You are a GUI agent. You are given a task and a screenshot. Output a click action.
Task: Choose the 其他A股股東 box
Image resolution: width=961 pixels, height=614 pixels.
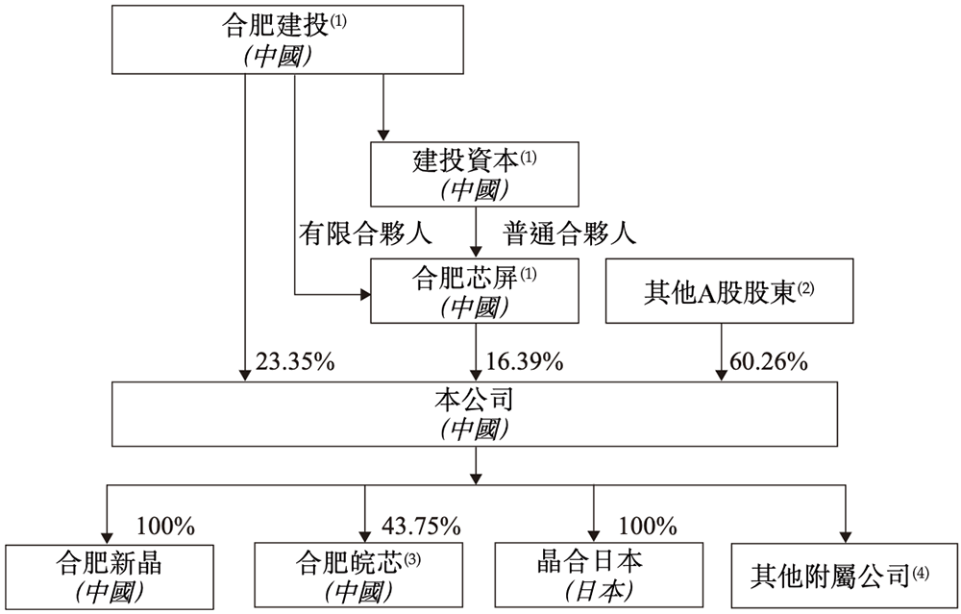pyautogui.click(x=728, y=290)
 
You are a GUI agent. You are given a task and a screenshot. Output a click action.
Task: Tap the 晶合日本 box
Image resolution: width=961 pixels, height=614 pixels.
pyautogui.click(x=595, y=575)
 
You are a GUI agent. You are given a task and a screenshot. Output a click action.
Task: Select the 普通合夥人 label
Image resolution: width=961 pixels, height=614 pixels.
pyautogui.click(x=571, y=232)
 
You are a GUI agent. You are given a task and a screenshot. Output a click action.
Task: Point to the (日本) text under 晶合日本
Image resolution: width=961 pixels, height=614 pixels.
pyautogui.click(x=595, y=589)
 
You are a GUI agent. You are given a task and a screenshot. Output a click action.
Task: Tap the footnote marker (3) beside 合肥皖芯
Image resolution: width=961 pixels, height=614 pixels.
pyautogui.click(x=413, y=556)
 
